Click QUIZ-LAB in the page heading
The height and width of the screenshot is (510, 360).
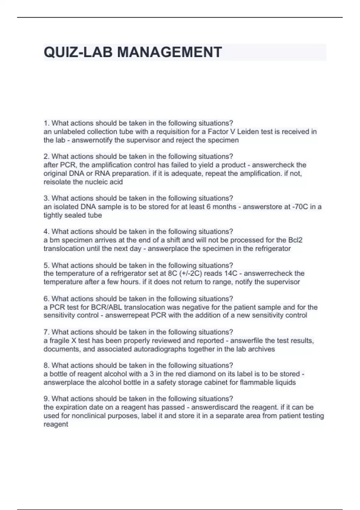pos(78,52)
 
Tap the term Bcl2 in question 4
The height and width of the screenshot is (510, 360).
pos(295,240)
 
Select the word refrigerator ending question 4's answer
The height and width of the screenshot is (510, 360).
pos(273,248)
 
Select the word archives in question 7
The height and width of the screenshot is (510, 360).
pos(261,349)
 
